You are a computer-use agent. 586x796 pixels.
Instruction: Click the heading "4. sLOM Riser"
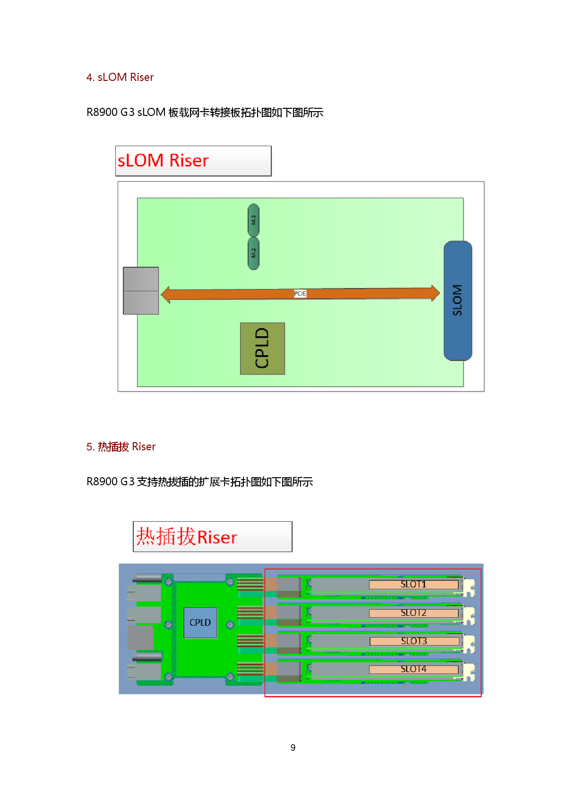pyautogui.click(x=120, y=77)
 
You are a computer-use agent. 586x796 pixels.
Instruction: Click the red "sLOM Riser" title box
pyautogui.click(x=193, y=161)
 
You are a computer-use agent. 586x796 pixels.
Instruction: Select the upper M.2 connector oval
pyautogui.click(x=253, y=220)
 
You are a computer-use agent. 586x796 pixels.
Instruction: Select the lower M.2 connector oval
pyautogui.click(x=253, y=253)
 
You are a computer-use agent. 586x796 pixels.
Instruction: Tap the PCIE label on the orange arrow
pyautogui.click(x=300, y=294)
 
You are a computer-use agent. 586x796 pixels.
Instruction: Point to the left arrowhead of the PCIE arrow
pyautogui.click(x=166, y=294)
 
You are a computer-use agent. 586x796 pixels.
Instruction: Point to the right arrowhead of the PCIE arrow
pyautogui.click(x=435, y=293)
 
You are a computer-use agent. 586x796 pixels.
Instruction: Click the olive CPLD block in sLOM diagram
pyautogui.click(x=262, y=349)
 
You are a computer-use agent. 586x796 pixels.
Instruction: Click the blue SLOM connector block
pyautogui.click(x=457, y=300)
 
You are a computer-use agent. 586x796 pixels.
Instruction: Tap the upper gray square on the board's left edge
pyautogui.click(x=141, y=279)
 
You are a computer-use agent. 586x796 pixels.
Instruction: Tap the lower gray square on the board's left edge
pyautogui.click(x=141, y=303)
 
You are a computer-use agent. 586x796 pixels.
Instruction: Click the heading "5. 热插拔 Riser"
pyautogui.click(x=121, y=446)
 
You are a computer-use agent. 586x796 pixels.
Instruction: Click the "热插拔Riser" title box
pyautogui.click(x=212, y=537)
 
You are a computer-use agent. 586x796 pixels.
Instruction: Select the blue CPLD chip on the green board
pyautogui.click(x=200, y=622)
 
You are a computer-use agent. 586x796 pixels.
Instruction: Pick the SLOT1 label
pyautogui.click(x=414, y=585)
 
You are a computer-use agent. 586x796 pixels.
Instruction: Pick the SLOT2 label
pyautogui.click(x=414, y=613)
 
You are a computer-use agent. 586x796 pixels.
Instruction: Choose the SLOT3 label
pyautogui.click(x=414, y=641)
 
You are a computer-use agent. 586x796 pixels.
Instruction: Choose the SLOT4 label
pyautogui.click(x=414, y=669)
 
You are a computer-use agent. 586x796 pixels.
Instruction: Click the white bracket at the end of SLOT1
pyautogui.click(x=469, y=588)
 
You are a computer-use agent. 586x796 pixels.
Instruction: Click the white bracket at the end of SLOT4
pyautogui.click(x=469, y=673)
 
